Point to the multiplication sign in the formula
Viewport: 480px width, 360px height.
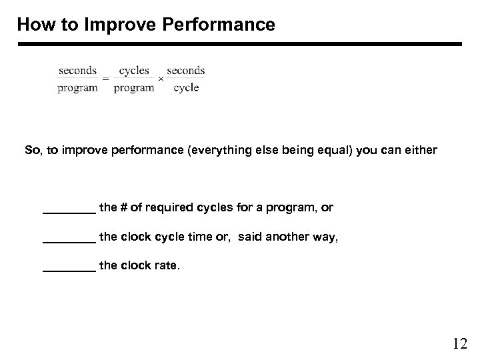click(160, 79)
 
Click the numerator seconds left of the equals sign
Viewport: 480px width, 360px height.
click(77, 70)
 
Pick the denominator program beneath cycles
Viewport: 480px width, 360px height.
click(134, 88)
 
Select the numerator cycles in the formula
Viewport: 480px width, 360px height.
click(134, 70)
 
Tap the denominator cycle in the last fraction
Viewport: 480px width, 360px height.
click(186, 88)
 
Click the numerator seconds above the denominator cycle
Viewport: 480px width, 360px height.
click(186, 70)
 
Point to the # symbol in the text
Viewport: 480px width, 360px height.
click(121, 208)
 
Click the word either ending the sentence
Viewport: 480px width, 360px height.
click(421, 151)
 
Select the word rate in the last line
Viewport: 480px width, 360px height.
click(166, 266)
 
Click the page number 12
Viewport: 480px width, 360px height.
click(459, 344)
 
